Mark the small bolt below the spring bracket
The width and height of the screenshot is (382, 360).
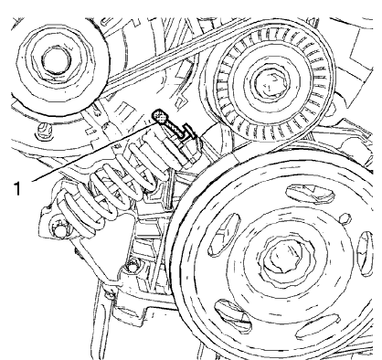[x=136, y=266]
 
